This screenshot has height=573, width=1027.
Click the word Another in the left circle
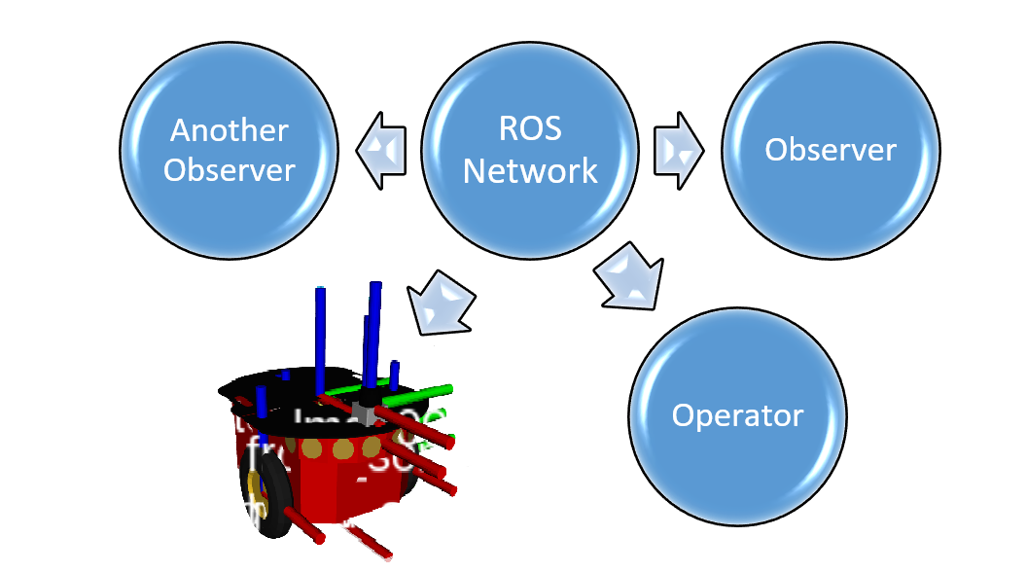pos(230,130)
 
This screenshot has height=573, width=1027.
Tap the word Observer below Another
pos(230,170)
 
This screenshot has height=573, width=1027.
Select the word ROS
pos(530,130)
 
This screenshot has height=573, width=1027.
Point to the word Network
pos(530,171)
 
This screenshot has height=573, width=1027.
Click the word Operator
pos(737,416)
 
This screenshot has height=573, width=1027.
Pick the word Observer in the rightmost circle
pos(831,150)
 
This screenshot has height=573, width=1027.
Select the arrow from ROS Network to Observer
pos(679,150)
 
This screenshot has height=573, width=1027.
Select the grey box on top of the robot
pos(365,412)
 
